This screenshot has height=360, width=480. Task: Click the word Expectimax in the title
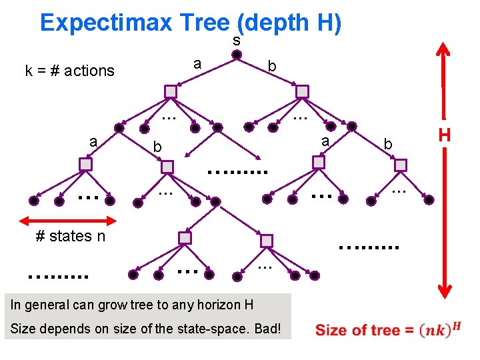107,23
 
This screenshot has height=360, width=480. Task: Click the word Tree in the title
203,23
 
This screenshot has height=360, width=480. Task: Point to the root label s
237,41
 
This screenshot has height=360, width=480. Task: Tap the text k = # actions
69,71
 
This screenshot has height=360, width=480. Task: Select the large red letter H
445,135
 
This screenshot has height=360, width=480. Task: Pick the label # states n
70,236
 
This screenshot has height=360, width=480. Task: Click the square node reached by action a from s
171,91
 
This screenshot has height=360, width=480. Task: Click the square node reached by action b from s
302,91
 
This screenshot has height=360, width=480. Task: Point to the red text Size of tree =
357,331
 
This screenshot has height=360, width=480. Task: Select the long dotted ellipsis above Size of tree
369,247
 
